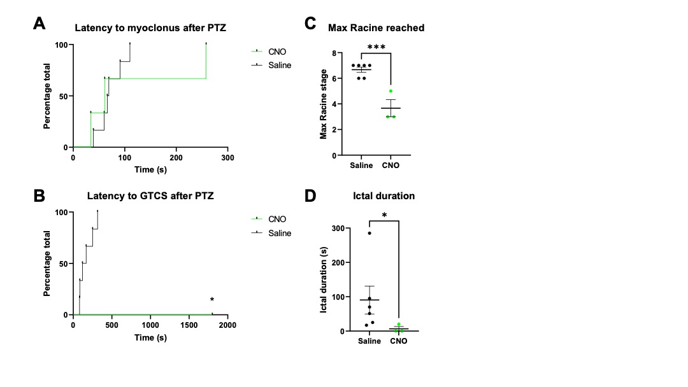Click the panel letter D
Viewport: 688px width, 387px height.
point(310,195)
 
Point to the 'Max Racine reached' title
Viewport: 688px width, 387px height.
point(376,28)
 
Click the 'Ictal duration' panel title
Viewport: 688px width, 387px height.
point(383,196)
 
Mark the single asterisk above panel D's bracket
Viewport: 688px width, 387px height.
point(384,216)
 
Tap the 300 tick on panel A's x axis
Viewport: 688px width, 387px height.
point(227,157)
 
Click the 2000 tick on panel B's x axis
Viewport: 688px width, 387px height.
point(227,325)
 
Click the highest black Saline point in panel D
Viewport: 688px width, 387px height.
point(369,233)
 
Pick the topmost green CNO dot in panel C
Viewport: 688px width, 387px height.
point(391,91)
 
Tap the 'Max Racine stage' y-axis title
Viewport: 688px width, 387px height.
point(324,104)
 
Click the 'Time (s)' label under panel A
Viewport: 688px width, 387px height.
point(150,169)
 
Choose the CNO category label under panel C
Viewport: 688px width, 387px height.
point(390,165)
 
